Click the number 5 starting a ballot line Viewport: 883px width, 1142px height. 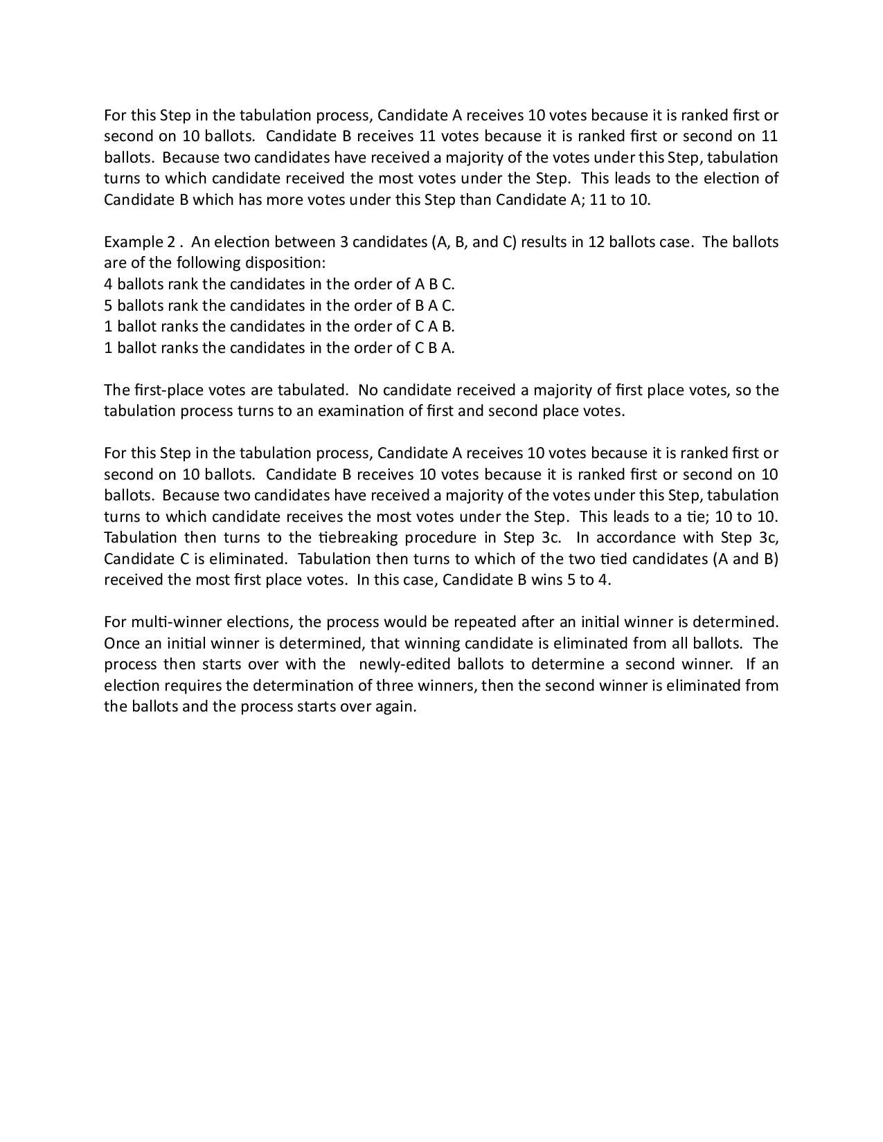[x=108, y=305]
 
